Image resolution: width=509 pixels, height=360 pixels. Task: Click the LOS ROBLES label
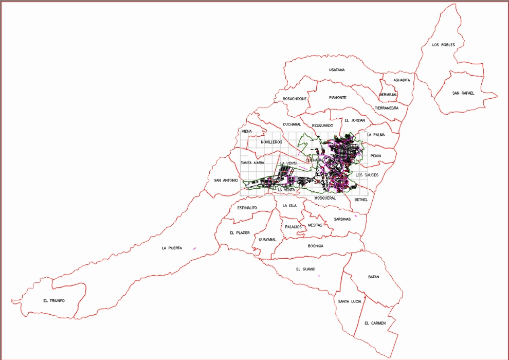443,45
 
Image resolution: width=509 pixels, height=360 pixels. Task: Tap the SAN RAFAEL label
463,93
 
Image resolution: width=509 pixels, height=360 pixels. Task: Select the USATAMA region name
337,69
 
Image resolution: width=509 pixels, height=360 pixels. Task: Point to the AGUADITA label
402,80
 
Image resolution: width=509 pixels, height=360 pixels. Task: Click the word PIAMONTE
337,98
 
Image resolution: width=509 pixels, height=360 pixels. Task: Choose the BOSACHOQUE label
295,99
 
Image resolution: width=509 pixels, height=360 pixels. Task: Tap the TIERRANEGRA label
387,108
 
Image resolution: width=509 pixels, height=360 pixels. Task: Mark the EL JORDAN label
355,120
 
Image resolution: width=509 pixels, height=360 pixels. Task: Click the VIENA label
247,132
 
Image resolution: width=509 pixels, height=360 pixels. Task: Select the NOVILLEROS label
271,141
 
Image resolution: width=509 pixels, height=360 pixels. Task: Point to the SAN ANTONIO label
226,181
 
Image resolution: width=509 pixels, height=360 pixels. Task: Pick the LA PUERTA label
172,248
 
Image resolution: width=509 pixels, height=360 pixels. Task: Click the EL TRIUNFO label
54,300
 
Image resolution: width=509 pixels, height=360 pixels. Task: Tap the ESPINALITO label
247,208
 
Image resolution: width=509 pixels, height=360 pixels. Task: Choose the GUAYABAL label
268,240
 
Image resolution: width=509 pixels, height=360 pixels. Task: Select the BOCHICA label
316,246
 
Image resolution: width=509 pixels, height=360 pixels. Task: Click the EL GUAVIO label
305,269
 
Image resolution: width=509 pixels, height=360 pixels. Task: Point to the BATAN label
374,277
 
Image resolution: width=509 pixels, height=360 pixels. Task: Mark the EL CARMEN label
374,323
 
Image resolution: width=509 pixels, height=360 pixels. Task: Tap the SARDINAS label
342,219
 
